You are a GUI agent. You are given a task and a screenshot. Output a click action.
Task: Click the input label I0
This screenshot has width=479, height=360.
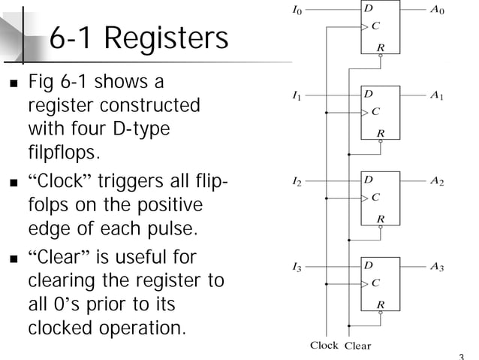(x=298, y=11)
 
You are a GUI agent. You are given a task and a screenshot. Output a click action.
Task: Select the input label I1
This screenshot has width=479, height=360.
(x=298, y=97)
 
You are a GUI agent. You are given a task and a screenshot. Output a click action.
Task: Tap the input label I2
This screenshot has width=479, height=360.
(x=298, y=182)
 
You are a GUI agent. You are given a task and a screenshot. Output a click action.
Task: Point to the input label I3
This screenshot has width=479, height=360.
(x=298, y=267)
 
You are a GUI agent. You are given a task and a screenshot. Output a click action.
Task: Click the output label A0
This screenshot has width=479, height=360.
(x=437, y=11)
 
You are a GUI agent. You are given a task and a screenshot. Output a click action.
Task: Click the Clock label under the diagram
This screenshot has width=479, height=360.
(x=324, y=346)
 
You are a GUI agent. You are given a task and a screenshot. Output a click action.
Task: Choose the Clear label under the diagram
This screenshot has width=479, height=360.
(x=357, y=346)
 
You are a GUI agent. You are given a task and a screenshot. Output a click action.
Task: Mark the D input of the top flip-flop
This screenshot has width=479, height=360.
(x=369, y=10)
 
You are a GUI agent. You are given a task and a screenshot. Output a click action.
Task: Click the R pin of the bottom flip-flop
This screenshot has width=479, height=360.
(x=381, y=304)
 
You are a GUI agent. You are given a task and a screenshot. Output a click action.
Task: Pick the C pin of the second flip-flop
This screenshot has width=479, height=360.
(x=375, y=112)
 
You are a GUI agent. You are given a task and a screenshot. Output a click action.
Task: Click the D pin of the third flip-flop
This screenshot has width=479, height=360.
(x=369, y=180)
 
